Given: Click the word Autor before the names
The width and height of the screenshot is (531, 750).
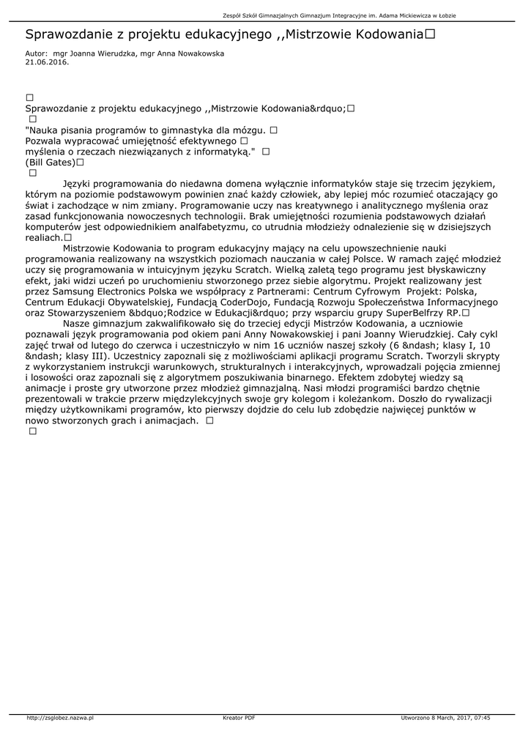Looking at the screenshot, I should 35,54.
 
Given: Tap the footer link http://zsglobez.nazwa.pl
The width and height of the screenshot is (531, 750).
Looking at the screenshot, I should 60,718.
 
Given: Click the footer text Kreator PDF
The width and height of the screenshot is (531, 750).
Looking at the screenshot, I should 239,718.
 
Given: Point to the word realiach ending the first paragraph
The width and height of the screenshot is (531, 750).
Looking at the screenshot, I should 44,238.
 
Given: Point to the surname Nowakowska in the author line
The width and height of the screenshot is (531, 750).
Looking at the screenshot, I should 197,54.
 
